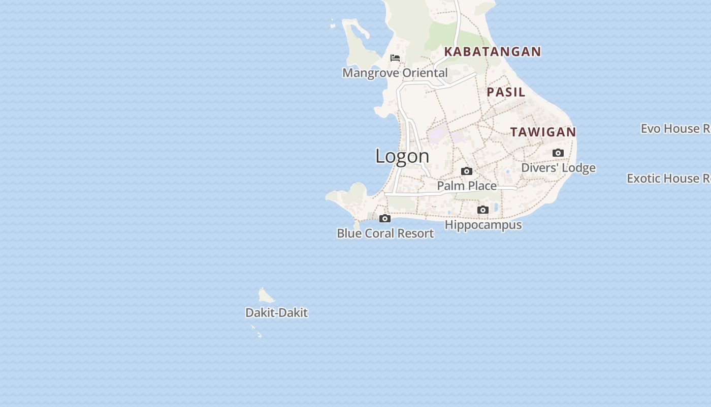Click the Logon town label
(x=402, y=156)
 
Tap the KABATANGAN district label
(x=493, y=51)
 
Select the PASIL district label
(x=506, y=92)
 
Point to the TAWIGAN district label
(x=543, y=132)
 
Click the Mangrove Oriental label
(x=395, y=73)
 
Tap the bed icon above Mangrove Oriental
(x=395, y=58)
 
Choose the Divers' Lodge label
(x=558, y=168)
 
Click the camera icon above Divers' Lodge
(x=558, y=153)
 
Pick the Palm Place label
(x=467, y=186)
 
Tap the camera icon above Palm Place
(x=467, y=171)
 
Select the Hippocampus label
(x=483, y=225)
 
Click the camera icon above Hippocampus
(x=483, y=210)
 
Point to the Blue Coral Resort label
(x=385, y=234)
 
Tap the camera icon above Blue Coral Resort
(x=385, y=219)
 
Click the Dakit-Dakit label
(x=276, y=313)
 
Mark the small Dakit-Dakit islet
(x=265, y=296)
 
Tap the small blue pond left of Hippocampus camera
(x=449, y=213)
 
